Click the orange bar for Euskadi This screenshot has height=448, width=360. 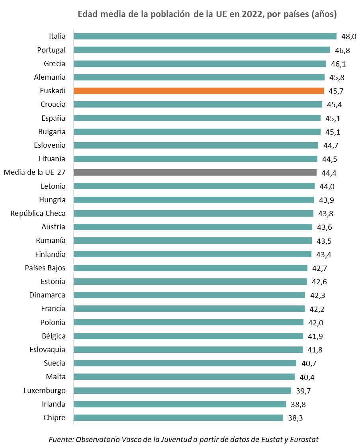click(x=199, y=91)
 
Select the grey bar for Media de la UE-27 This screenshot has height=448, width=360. click(x=195, y=172)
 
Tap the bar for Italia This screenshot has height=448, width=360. click(x=205, y=36)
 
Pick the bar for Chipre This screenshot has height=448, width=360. click(x=178, y=418)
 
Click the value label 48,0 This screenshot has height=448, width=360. click(x=348, y=37)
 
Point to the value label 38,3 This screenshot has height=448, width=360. click(x=295, y=418)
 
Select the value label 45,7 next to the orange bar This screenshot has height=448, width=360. click(x=336, y=91)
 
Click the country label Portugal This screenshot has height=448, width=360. click(x=51, y=50)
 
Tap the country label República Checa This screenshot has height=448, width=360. click(x=38, y=213)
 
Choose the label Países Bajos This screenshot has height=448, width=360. click(x=45, y=268)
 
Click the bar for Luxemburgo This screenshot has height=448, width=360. click(x=182, y=390)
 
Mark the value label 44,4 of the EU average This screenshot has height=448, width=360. click(x=329, y=173)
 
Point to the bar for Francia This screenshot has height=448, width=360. click(x=189, y=309)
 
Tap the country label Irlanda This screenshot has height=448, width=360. click(x=54, y=404)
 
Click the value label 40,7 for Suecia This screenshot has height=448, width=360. click(x=308, y=364)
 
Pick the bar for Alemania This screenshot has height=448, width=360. click(x=199, y=77)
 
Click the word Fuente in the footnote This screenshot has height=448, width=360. click(x=61, y=439)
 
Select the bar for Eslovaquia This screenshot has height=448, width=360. click(x=188, y=350)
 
